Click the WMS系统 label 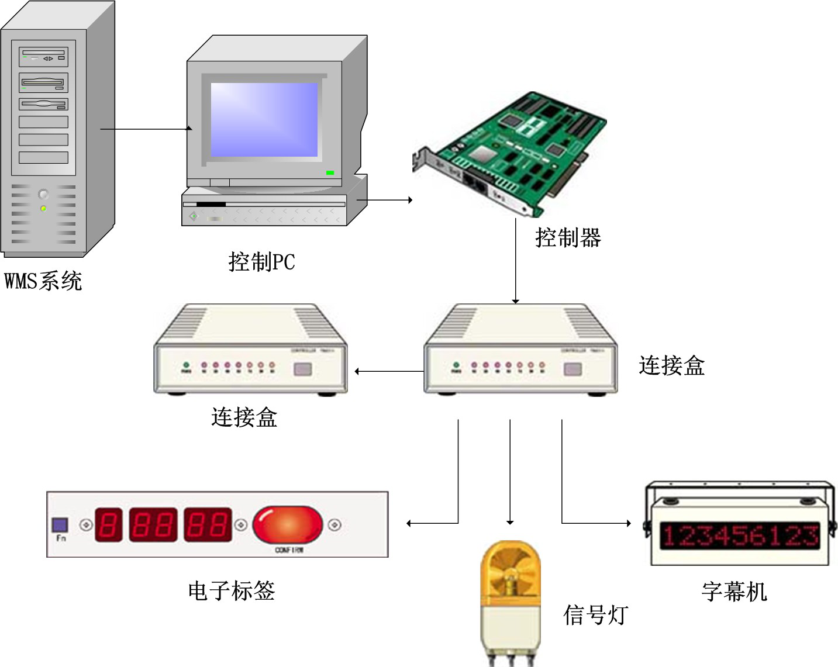pyautogui.click(x=43, y=281)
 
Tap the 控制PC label pyautogui.click(x=261, y=261)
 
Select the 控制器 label pyautogui.click(x=568, y=237)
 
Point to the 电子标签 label pyautogui.click(x=232, y=590)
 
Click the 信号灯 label pyautogui.click(x=595, y=615)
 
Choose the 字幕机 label pyautogui.click(x=734, y=592)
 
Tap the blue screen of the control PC pyautogui.click(x=264, y=119)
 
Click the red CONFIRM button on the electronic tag pyautogui.click(x=287, y=524)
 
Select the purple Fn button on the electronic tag pyautogui.click(x=60, y=524)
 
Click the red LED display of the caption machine pyautogui.click(x=739, y=535)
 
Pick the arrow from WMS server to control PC pyautogui.click(x=146, y=129)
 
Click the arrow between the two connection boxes pyautogui.click(x=389, y=371)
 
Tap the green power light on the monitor pyautogui.click(x=330, y=172)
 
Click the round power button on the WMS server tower pyautogui.click(x=43, y=194)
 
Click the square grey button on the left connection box pyautogui.click(x=302, y=369)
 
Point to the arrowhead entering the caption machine pyautogui.click(x=628, y=523)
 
